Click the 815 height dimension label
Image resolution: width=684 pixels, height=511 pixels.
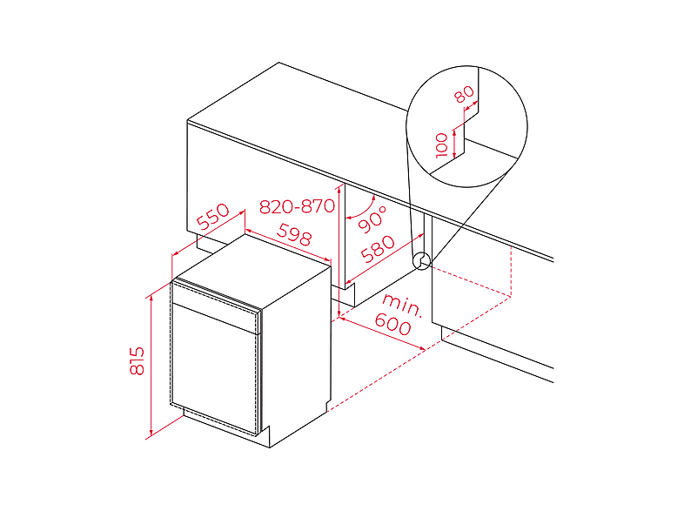137,360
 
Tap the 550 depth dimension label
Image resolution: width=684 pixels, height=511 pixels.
213,217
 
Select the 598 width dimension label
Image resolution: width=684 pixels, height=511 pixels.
295,234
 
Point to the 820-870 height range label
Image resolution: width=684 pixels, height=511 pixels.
297,206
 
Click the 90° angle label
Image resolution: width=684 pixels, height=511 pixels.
372,219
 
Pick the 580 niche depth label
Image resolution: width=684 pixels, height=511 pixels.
379,249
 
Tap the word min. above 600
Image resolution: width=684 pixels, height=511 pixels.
402,305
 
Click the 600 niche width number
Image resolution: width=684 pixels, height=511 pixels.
392,324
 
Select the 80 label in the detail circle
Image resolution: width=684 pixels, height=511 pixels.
464,94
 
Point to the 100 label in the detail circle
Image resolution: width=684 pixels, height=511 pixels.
442,145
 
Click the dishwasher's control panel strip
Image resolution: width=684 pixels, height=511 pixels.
217,305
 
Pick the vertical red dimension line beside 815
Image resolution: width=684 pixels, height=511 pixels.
151,366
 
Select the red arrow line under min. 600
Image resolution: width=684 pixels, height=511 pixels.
382,333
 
